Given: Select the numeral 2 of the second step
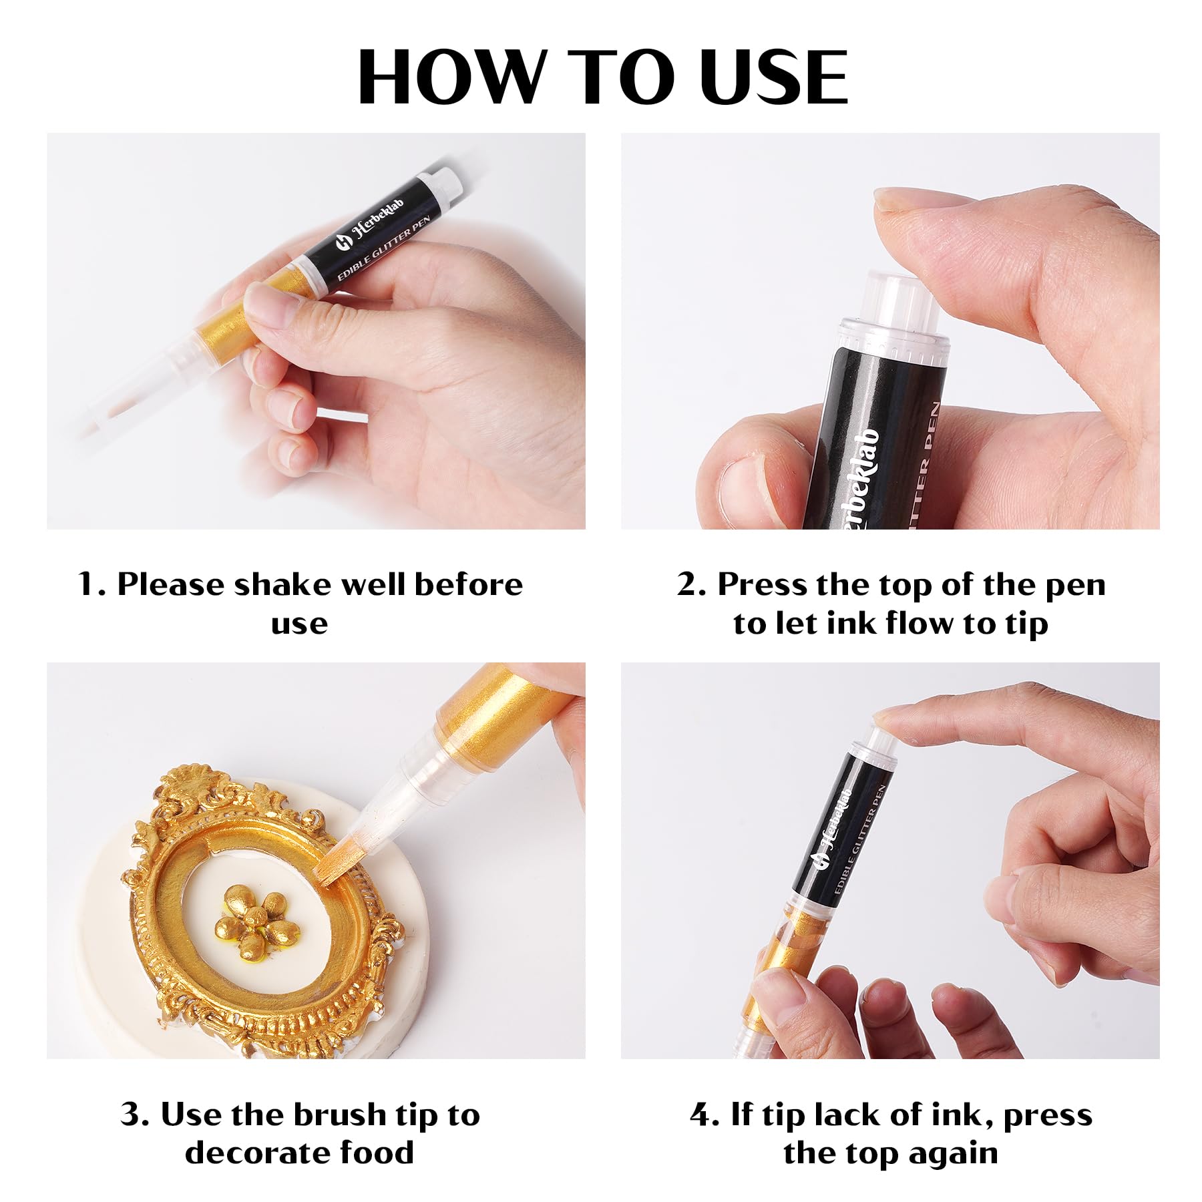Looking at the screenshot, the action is tap(688, 585).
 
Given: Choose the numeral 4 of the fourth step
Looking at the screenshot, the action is tap(703, 1115).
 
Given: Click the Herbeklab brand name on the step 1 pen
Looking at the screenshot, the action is tap(379, 223).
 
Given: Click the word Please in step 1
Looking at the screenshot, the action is tap(171, 585).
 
